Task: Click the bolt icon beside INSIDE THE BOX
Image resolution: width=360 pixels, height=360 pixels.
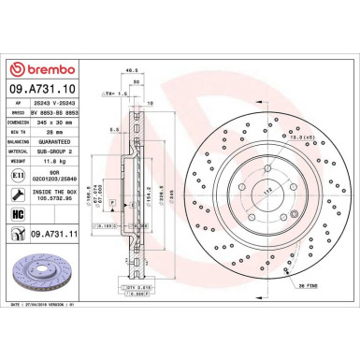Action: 16,194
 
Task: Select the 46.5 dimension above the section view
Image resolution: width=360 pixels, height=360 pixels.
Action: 137,70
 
